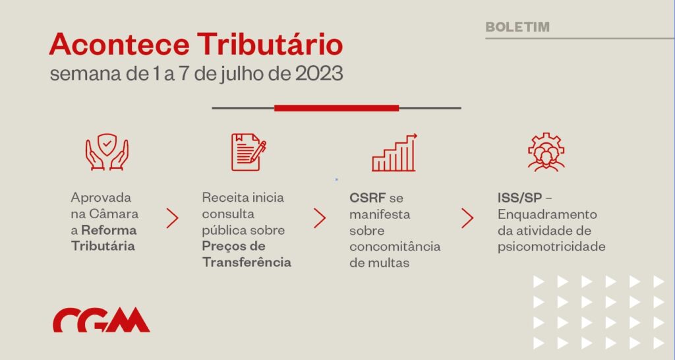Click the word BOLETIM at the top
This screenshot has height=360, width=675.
coord(517,26)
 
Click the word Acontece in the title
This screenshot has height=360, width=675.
coord(119,44)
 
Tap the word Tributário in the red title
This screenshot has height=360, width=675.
coord(270,44)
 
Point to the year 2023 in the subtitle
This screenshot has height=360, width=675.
coord(319,74)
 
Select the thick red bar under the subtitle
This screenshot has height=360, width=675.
coord(337,108)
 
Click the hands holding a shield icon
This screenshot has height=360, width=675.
coord(107,152)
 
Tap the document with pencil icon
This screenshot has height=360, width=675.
coord(249,152)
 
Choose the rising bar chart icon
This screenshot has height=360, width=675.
coord(394,152)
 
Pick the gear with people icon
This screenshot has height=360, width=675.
coord(546,152)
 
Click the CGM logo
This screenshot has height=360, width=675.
coord(101,320)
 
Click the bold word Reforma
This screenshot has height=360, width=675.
coord(109,230)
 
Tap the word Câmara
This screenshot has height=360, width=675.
coord(113,214)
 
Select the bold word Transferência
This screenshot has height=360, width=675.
coord(247,262)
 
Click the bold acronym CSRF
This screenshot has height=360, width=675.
coord(367,198)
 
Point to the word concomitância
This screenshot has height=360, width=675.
coord(395,247)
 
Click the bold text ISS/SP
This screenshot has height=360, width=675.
coord(519,198)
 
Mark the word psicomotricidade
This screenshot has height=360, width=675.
coord(552,247)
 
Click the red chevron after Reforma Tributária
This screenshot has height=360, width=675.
coord(172,218)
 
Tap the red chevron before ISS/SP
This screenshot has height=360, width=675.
coord(467,218)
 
